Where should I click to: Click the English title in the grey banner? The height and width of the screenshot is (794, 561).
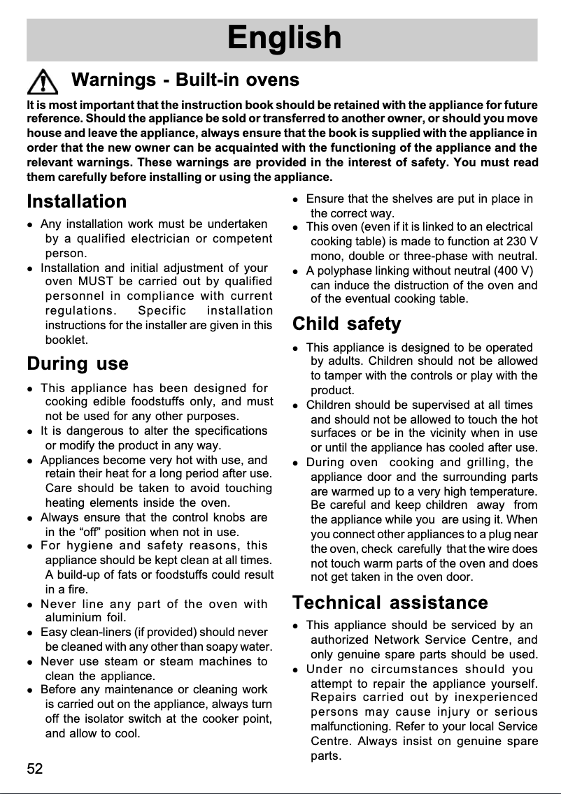pos(284,38)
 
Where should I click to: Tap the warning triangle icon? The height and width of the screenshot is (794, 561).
pos(44,82)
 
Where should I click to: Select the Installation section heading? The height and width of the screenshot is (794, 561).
pos(77,201)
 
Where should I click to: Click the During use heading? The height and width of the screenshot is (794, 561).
pos(78,364)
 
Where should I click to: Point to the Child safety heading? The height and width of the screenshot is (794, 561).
pos(346,324)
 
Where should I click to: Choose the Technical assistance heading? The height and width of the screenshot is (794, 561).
pos(390,602)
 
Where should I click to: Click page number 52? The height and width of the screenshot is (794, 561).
pos(35,770)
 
